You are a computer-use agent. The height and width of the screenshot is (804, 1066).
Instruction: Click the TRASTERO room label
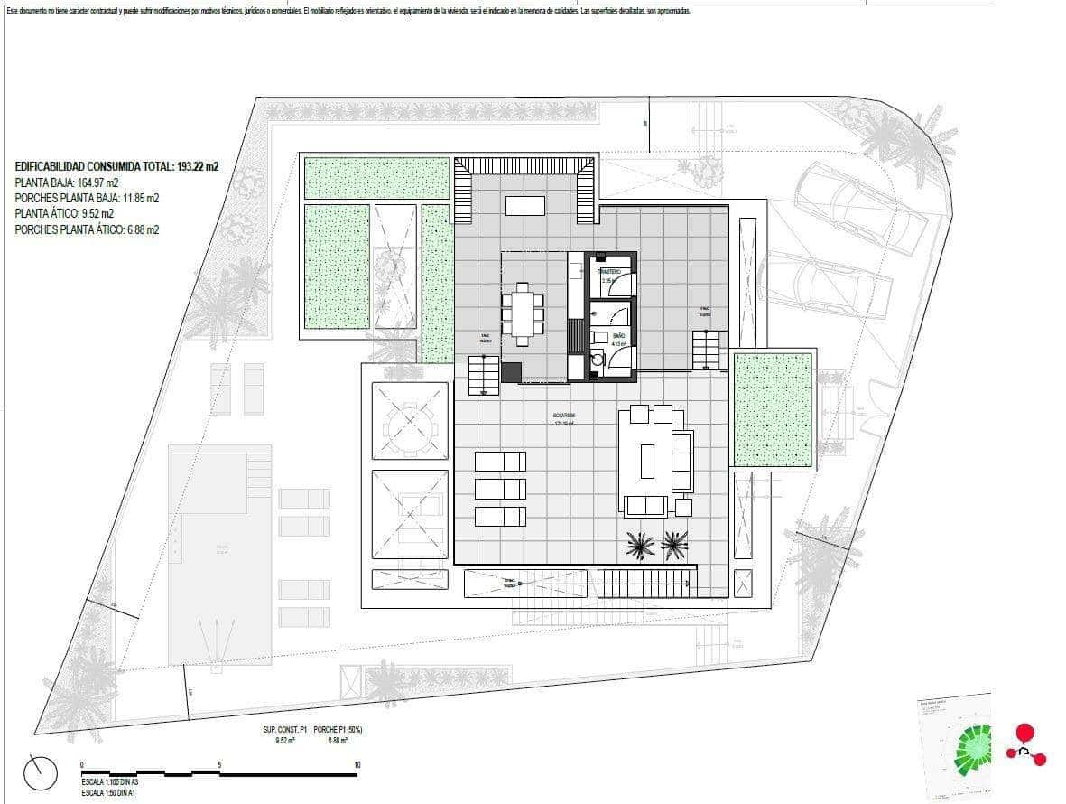(609, 271)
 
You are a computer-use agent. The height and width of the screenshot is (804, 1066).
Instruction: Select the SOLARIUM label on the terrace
(565, 416)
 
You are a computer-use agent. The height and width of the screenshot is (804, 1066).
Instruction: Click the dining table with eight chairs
(523, 313)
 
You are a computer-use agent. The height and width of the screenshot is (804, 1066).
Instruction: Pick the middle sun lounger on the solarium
(500, 489)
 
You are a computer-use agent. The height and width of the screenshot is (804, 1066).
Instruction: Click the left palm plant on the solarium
(641, 545)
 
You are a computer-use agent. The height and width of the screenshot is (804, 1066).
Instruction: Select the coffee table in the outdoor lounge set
(647, 461)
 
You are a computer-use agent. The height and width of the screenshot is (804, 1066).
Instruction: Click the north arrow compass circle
(42, 772)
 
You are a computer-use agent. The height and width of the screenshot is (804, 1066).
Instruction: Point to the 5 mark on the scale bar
(219, 765)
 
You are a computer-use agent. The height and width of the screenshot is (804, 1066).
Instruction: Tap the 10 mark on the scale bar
(357, 765)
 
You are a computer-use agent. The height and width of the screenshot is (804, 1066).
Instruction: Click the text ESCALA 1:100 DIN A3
(109, 781)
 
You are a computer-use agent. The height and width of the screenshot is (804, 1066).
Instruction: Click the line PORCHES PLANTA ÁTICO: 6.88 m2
(87, 230)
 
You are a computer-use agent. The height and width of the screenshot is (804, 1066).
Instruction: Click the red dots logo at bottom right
(1025, 745)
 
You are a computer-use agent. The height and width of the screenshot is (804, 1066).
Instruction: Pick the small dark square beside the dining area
(512, 372)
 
